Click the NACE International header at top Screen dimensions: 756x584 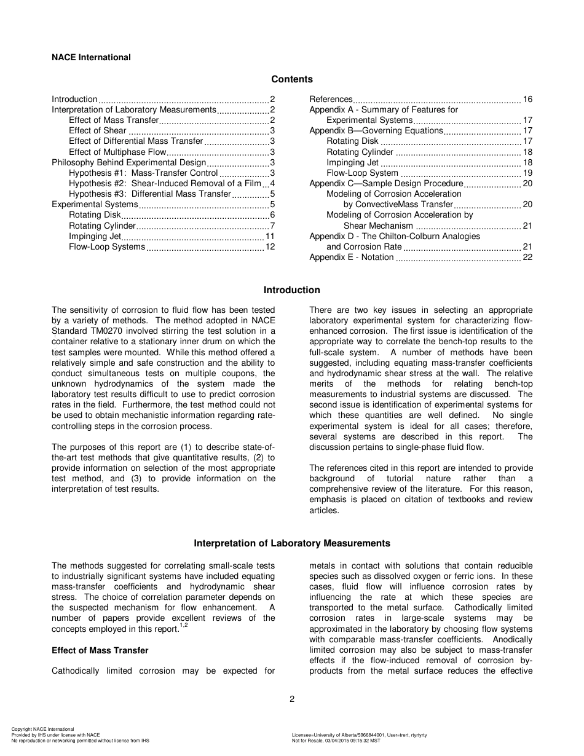(x=91, y=57)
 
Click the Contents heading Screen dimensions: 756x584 (x=291, y=79)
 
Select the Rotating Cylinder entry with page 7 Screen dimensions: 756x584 (x=102, y=226)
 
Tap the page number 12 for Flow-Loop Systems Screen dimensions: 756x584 (x=270, y=246)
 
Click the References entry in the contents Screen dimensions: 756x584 (x=331, y=99)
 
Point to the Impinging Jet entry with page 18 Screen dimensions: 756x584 (x=352, y=162)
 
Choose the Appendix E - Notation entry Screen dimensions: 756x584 (x=351, y=257)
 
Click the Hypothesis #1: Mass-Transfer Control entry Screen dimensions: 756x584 (x=143, y=173)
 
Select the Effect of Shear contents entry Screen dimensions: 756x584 (x=98, y=130)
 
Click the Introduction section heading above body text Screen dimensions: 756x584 (x=291, y=290)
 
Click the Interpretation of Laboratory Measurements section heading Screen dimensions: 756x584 (x=291, y=543)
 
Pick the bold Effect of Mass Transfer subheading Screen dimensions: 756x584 (x=100, y=650)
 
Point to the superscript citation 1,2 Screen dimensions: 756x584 (x=183, y=626)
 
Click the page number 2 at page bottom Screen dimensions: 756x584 (x=292, y=699)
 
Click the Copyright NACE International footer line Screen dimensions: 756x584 (x=42, y=730)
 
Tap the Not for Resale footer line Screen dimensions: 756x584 (x=336, y=741)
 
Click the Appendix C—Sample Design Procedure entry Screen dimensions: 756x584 (x=385, y=183)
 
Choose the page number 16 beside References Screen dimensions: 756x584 (x=527, y=99)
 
